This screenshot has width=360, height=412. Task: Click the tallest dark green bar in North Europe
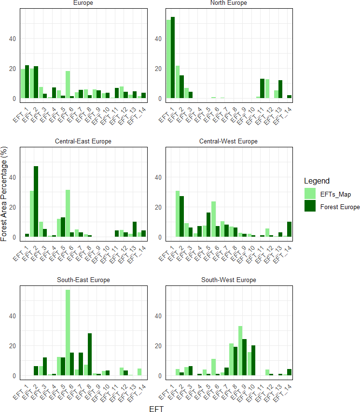click(172, 57)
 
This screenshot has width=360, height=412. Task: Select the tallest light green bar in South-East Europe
click(68, 332)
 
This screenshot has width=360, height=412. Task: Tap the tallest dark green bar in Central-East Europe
click(36, 201)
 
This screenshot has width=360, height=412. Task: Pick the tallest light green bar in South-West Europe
click(240, 351)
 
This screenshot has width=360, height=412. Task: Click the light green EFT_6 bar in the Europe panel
click(68, 85)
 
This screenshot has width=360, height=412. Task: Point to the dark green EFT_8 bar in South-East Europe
click(90, 355)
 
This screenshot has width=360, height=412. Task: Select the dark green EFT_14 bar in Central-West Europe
click(290, 229)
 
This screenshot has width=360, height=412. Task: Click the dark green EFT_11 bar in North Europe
click(263, 88)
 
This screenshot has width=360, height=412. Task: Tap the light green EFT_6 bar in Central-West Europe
click(213, 219)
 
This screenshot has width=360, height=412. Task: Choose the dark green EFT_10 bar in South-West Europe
click(253, 360)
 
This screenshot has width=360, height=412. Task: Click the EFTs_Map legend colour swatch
click(310, 194)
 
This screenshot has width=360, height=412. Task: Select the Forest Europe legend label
click(340, 207)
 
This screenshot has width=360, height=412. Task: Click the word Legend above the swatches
click(317, 181)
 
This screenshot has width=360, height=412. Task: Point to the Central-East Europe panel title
click(83, 141)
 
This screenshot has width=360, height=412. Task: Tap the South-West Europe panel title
click(229, 280)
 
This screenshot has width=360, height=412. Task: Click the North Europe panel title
click(229, 2)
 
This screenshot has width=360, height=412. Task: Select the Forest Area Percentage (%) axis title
click(4, 194)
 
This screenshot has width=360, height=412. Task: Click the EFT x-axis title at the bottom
click(156, 409)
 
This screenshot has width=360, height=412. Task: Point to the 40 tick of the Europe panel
click(13, 39)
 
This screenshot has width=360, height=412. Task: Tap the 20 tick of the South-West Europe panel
click(158, 346)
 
